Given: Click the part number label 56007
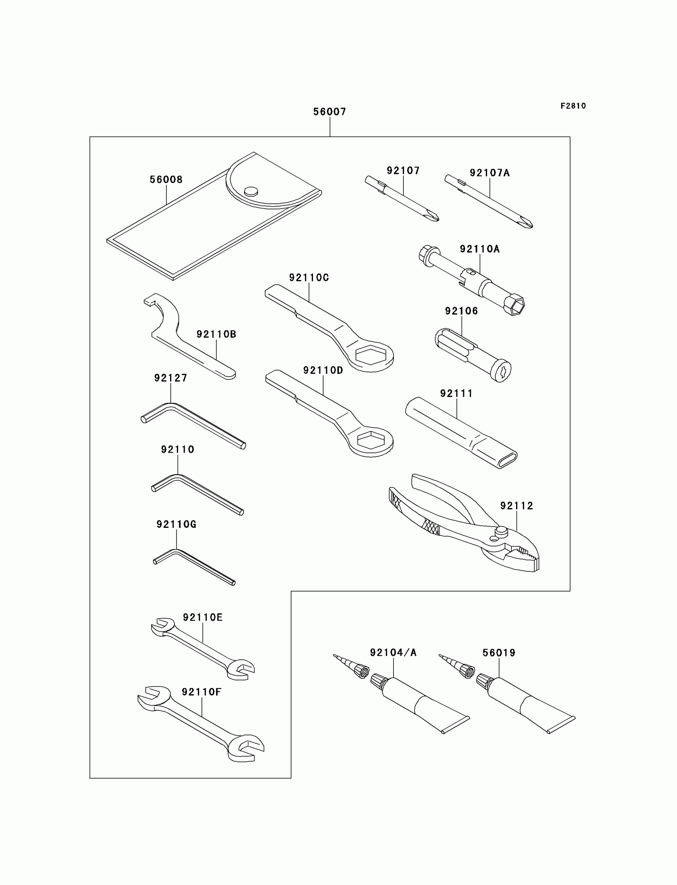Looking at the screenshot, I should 330,111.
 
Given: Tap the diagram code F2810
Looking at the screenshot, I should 573,106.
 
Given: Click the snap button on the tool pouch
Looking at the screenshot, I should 250,191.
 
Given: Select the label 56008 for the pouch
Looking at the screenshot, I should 166,180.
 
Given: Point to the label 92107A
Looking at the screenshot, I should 489,173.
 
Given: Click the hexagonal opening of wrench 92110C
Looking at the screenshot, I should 371,354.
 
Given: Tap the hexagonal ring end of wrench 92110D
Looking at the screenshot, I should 371,440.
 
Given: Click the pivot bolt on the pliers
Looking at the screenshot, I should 501,531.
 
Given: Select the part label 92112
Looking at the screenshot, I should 517,506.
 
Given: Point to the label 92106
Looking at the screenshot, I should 462,311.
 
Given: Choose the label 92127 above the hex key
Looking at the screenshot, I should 170,378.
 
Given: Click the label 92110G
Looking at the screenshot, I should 176,524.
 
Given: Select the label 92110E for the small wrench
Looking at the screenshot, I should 202,617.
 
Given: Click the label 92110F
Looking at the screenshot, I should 202,692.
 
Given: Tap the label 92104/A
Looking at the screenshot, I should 393,653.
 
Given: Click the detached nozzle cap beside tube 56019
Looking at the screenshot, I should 468,672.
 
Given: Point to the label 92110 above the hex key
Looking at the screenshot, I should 177,449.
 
